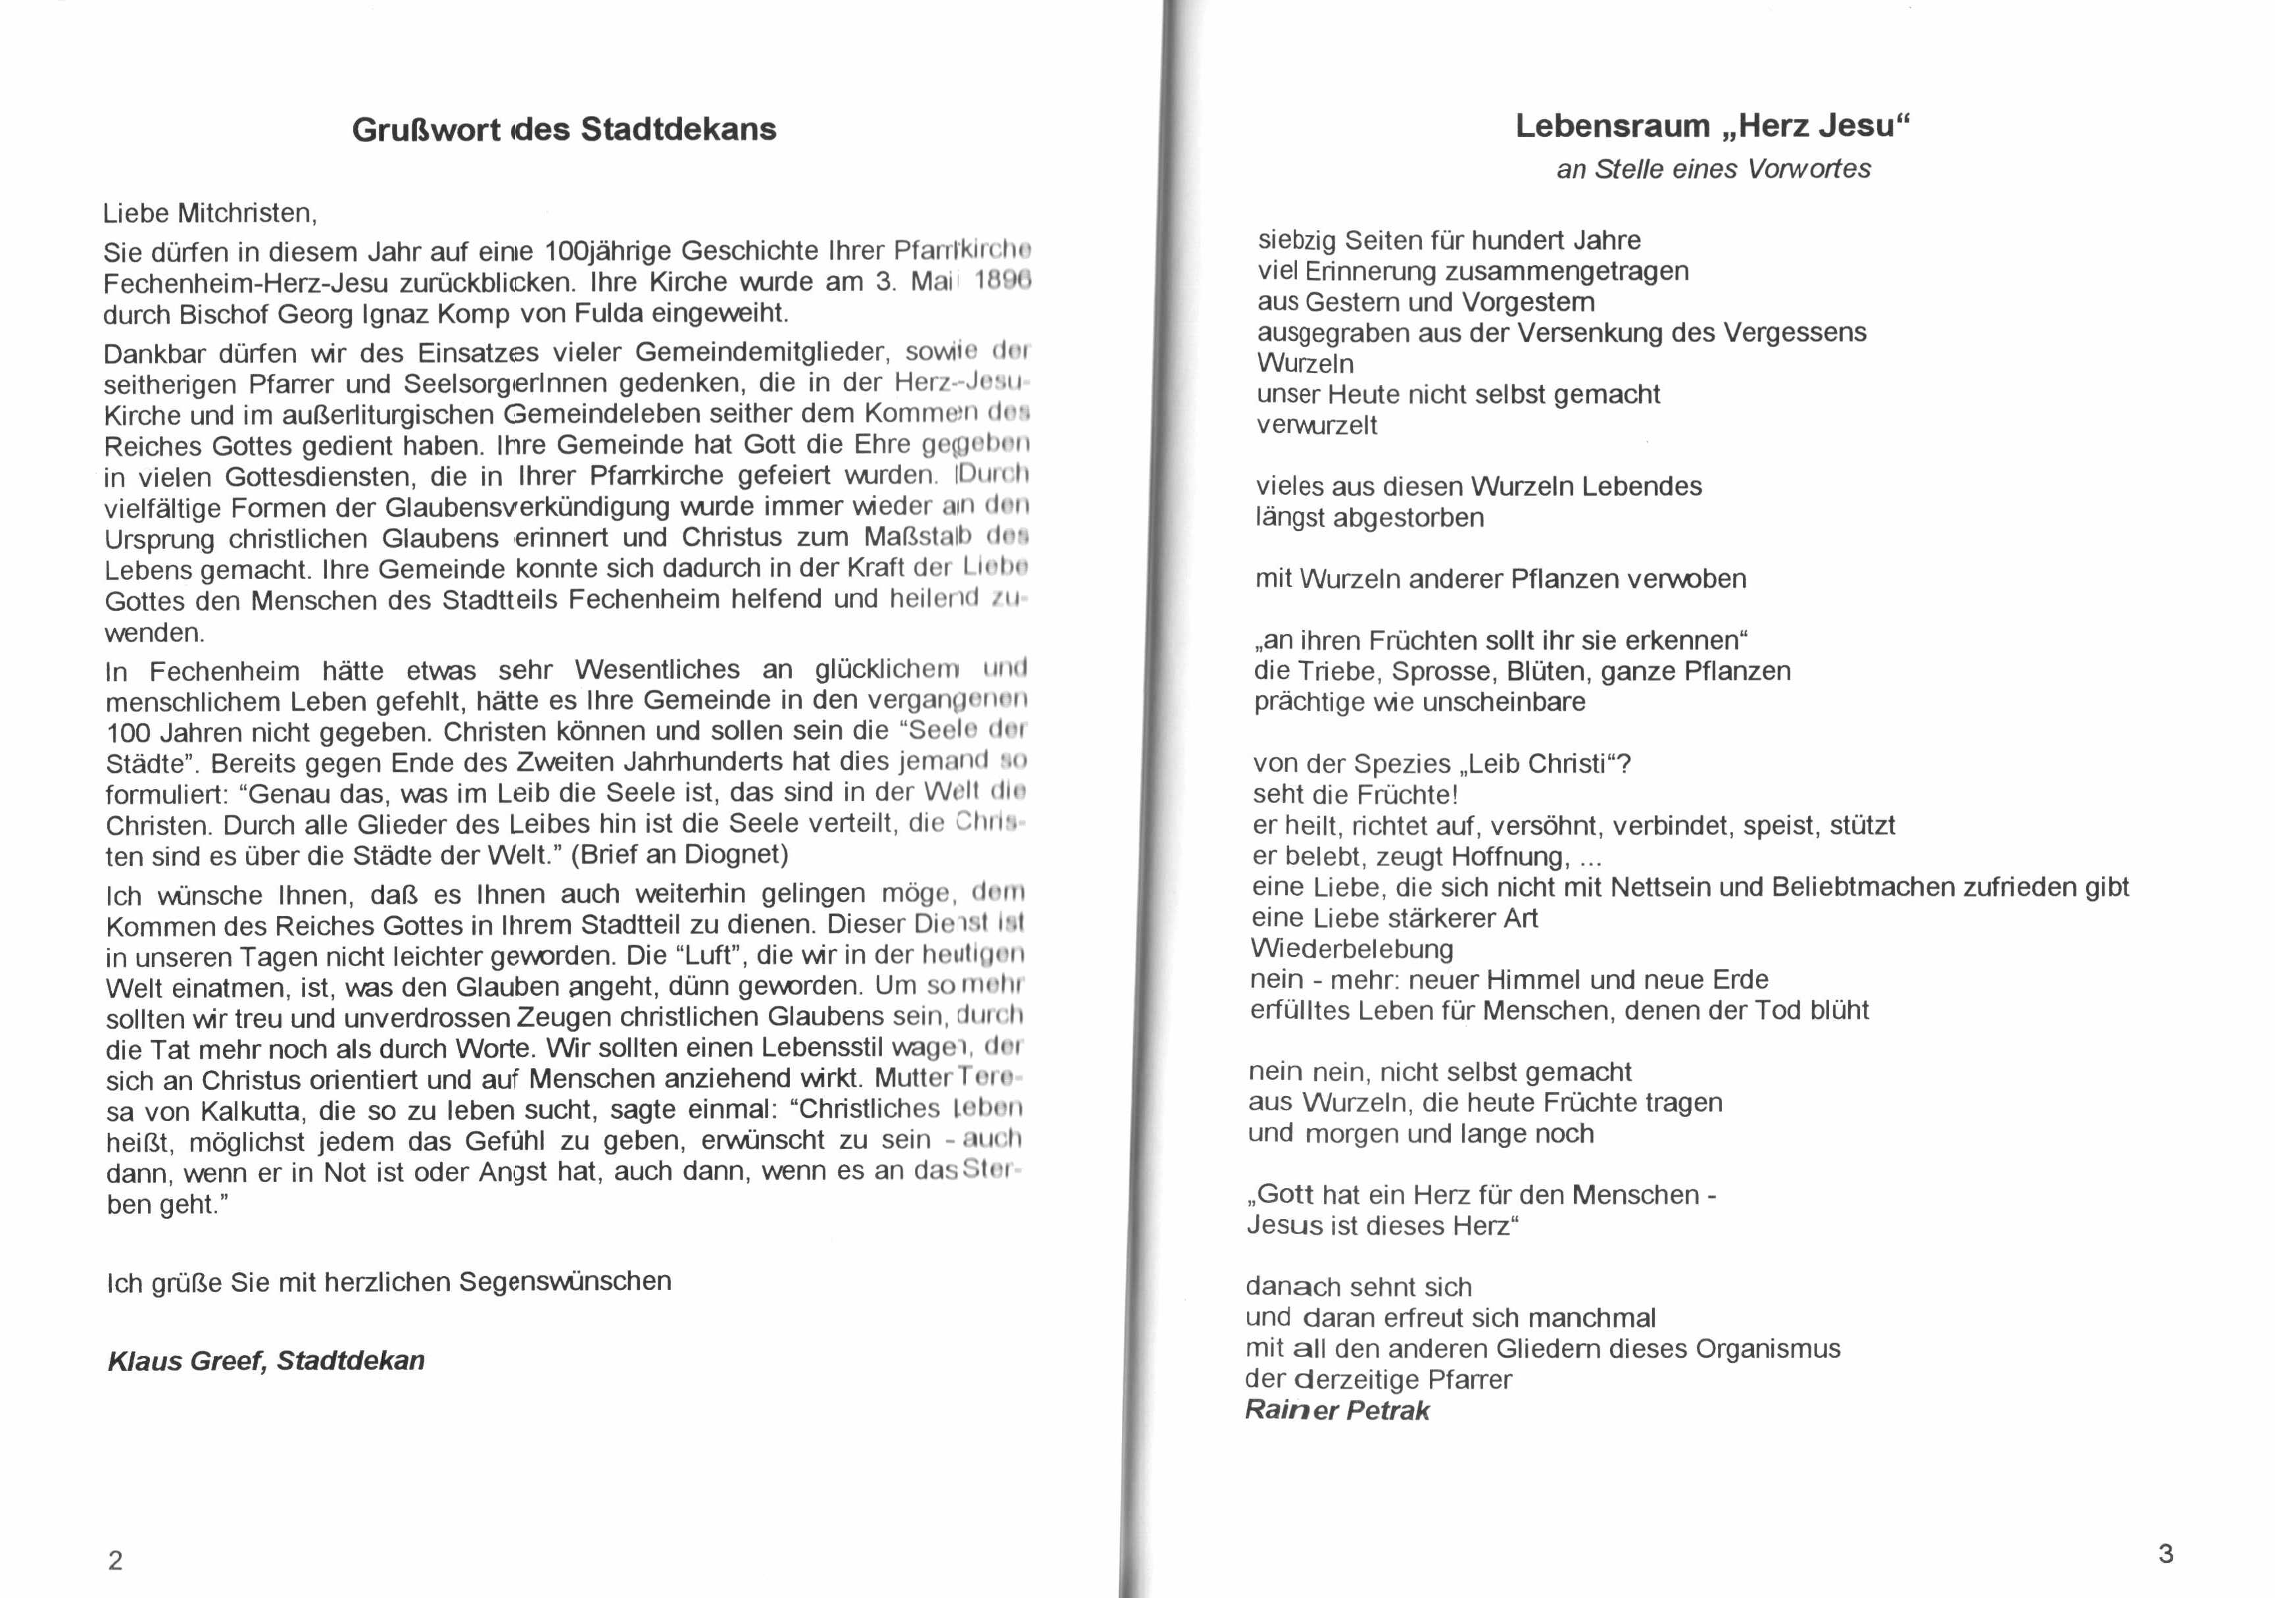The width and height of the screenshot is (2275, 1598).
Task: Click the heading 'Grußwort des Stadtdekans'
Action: click(x=564, y=130)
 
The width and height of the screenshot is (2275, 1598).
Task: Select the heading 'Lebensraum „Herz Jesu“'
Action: click(x=1712, y=127)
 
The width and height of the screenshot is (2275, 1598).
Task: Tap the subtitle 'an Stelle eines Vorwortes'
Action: click(x=1713, y=170)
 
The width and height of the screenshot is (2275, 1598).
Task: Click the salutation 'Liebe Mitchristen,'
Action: click(x=210, y=213)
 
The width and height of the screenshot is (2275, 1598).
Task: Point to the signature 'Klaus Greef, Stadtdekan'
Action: click(x=266, y=1360)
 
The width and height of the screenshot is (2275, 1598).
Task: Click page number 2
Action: click(x=116, y=1561)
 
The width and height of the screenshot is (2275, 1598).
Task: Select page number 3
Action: click(x=2165, y=1553)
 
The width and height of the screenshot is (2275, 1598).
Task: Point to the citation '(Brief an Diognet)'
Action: click(x=679, y=854)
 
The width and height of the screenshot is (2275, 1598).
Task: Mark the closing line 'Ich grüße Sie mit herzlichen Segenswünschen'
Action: click(x=389, y=1282)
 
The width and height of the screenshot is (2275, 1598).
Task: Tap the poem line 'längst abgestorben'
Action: click(x=1369, y=517)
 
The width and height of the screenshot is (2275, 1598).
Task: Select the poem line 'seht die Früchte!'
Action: click(x=1354, y=795)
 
